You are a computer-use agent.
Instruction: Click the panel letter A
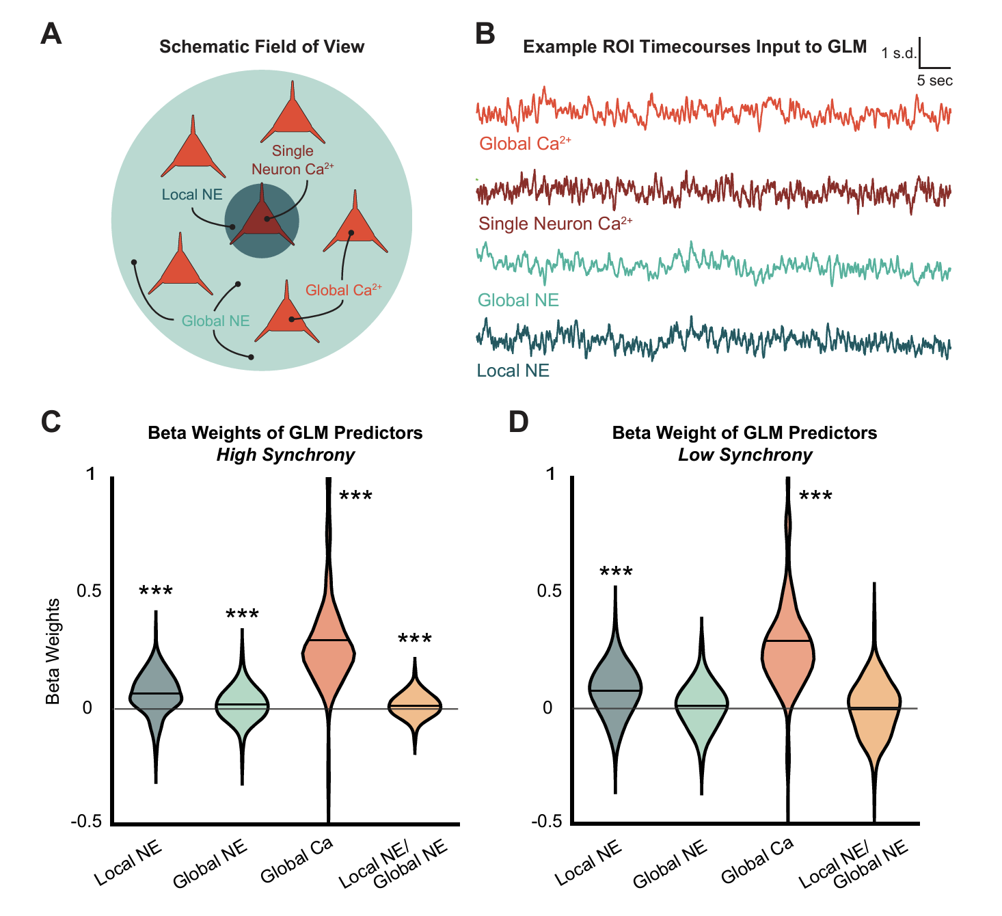click(x=51, y=33)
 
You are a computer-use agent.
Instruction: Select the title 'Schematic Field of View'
click(x=262, y=46)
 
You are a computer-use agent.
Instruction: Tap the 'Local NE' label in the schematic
click(x=192, y=195)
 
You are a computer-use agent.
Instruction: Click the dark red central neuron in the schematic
click(x=262, y=221)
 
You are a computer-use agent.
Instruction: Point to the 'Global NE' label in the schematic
click(x=215, y=321)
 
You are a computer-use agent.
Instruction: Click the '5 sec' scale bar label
click(x=934, y=81)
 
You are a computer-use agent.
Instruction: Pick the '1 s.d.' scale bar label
click(x=898, y=53)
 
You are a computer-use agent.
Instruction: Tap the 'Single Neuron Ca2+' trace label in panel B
click(x=555, y=224)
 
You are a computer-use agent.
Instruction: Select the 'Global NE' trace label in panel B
click(x=518, y=300)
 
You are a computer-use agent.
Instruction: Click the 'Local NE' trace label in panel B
click(x=513, y=371)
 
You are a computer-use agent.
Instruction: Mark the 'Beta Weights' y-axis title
click(x=53, y=651)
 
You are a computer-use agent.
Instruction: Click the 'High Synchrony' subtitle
click(x=285, y=455)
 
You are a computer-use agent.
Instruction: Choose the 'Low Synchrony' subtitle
click(x=745, y=455)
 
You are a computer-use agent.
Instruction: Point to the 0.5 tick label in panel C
click(x=89, y=591)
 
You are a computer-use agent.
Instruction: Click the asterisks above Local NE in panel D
click(x=616, y=572)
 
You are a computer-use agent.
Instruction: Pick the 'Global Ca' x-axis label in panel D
click(x=757, y=859)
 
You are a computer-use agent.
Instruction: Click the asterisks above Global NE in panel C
click(x=242, y=615)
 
